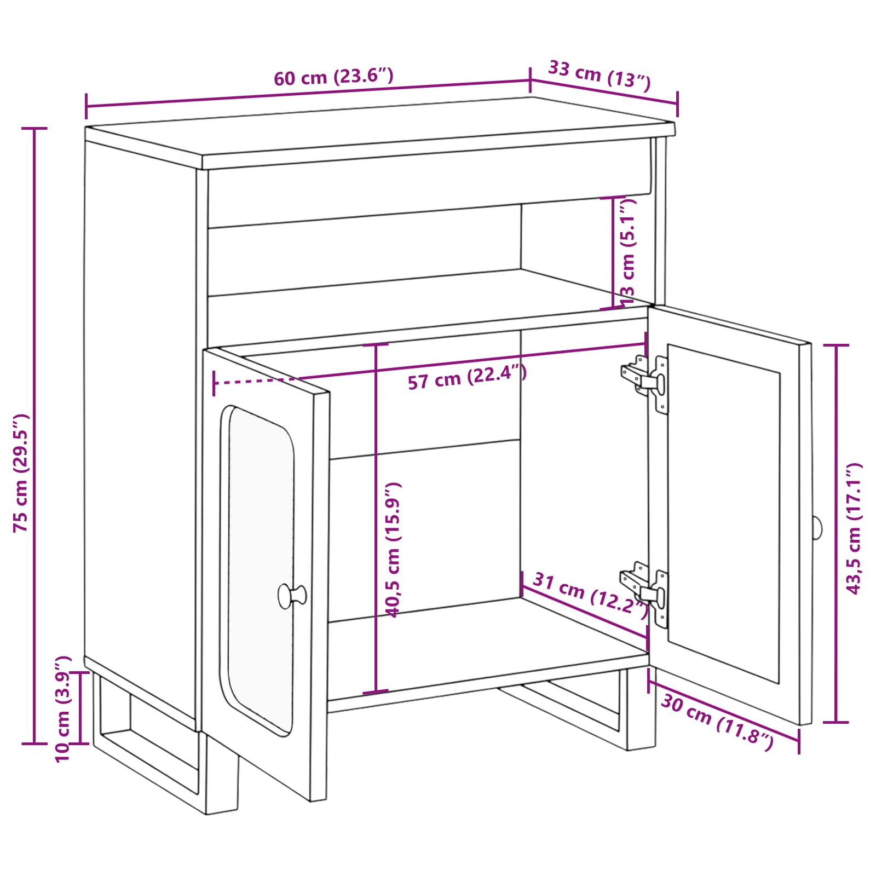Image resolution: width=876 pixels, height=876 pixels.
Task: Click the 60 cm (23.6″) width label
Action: (x=333, y=77)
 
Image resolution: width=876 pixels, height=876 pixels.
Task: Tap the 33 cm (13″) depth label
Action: (x=600, y=76)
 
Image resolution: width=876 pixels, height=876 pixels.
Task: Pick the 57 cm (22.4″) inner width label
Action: (x=467, y=378)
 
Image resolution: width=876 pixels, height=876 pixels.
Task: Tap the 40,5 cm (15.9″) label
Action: (x=394, y=550)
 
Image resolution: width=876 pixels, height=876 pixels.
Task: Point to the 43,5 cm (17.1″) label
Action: (x=854, y=528)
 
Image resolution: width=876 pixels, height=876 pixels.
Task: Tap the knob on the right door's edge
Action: (x=816, y=527)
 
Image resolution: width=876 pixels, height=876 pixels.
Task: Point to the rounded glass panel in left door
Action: (x=261, y=569)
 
